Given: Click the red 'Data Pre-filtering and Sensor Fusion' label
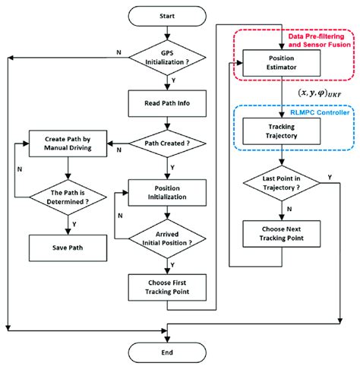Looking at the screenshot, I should pos(315,40).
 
